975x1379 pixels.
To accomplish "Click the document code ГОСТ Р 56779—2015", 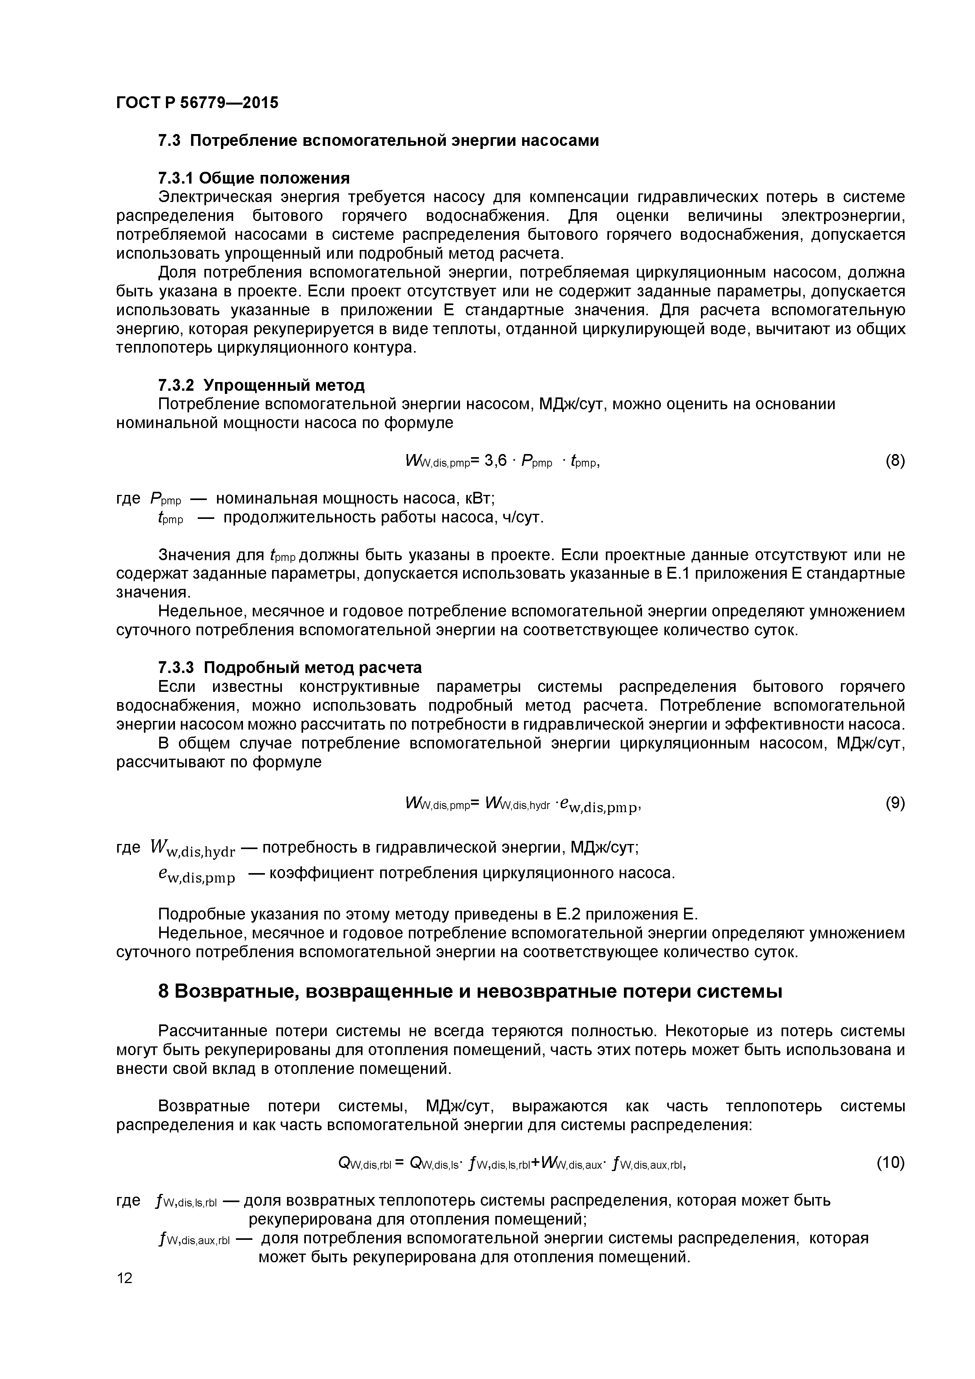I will [197, 103].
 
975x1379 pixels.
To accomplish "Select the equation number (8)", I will [894, 461].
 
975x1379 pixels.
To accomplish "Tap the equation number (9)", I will [894, 803].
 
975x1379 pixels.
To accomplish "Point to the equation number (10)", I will [890, 1163].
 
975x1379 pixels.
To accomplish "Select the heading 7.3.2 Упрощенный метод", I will [261, 384].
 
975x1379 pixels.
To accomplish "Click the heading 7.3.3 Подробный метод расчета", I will [290, 667].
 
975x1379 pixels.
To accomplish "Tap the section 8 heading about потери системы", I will [470, 992].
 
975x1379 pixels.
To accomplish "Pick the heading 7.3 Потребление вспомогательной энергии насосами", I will [379, 141].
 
